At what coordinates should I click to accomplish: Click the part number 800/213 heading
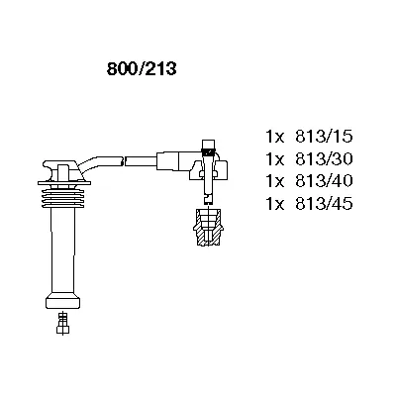tap(142, 69)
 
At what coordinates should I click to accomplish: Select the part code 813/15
tap(324, 137)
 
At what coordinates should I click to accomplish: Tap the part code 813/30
tap(324, 159)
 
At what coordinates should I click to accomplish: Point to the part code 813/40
tap(324, 181)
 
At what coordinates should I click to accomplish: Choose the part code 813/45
tap(324, 203)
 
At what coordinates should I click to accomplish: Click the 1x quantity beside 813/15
tap(275, 137)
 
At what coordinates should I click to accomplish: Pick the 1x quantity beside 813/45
tap(275, 203)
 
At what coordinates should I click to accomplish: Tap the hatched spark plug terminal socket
tap(209, 227)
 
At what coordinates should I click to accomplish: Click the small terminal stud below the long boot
tap(62, 324)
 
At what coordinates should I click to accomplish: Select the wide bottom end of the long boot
tap(62, 301)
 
